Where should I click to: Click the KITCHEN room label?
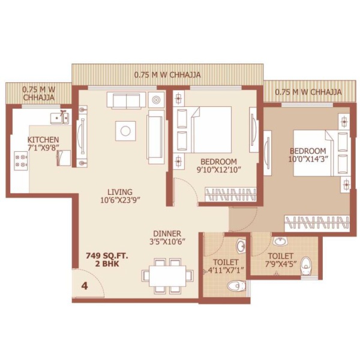click(x=43, y=140)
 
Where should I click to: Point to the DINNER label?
click(x=167, y=234)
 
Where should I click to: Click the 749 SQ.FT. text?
click(x=107, y=256)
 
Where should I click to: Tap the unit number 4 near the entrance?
click(x=85, y=286)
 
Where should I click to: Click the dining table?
click(x=167, y=276)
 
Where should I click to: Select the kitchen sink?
click(x=59, y=118)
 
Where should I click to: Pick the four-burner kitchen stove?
click(x=21, y=161)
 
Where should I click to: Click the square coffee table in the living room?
click(x=125, y=131)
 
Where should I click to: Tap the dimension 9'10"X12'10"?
click(x=218, y=170)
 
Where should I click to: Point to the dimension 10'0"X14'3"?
click(x=308, y=159)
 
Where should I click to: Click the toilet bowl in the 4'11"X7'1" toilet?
click(x=236, y=286)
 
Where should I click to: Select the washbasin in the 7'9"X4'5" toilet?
click(x=280, y=241)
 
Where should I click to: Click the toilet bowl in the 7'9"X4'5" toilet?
click(x=306, y=265)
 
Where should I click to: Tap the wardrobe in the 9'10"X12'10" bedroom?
click(x=230, y=194)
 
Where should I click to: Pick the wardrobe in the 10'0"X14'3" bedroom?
click(x=317, y=223)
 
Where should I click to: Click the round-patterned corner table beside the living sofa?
click(x=156, y=100)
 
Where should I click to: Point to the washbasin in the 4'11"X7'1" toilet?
click(x=241, y=246)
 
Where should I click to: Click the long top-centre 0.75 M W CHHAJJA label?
click(x=167, y=75)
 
